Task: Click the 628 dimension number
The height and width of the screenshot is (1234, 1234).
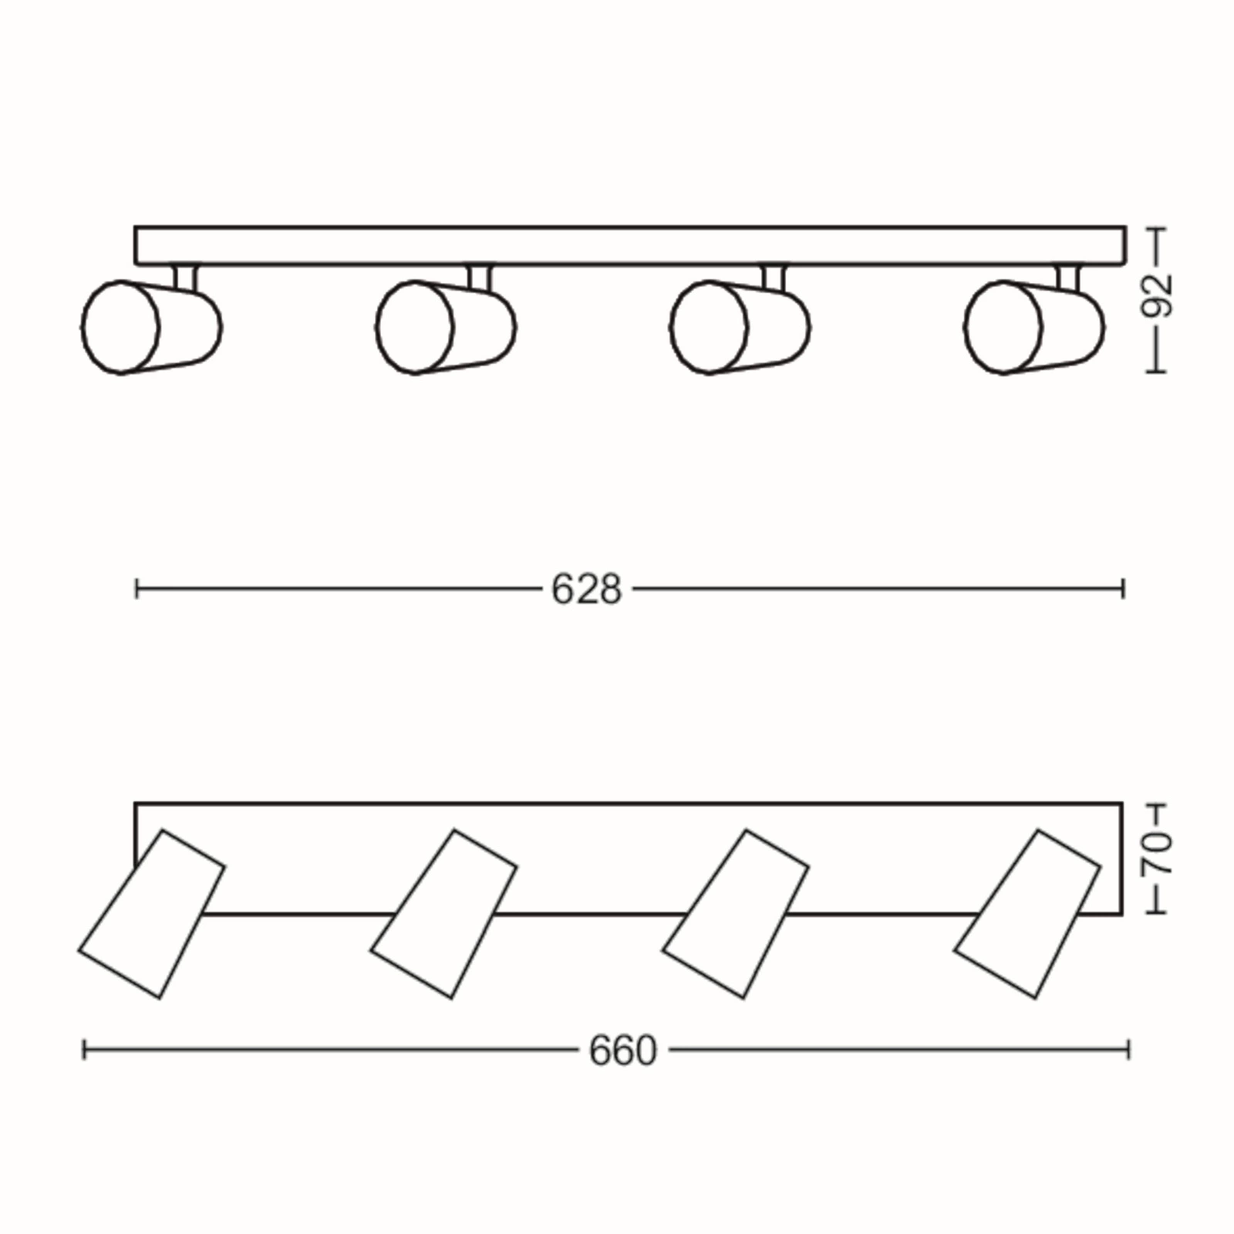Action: click(586, 590)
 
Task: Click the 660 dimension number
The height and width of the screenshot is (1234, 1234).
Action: click(622, 1050)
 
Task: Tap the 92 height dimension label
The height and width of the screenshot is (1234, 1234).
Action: click(1156, 295)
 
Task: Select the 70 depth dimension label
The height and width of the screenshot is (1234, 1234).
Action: click(1156, 853)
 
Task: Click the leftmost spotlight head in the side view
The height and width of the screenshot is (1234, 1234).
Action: click(151, 327)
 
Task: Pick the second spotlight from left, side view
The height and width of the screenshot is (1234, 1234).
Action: click(446, 327)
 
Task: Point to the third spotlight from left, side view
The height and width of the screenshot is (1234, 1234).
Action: click(740, 327)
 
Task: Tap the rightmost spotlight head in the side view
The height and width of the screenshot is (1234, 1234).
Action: click(1033, 327)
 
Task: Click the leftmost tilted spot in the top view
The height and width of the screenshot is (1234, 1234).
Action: click(152, 914)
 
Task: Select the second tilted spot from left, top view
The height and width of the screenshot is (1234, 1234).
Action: click(443, 914)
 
